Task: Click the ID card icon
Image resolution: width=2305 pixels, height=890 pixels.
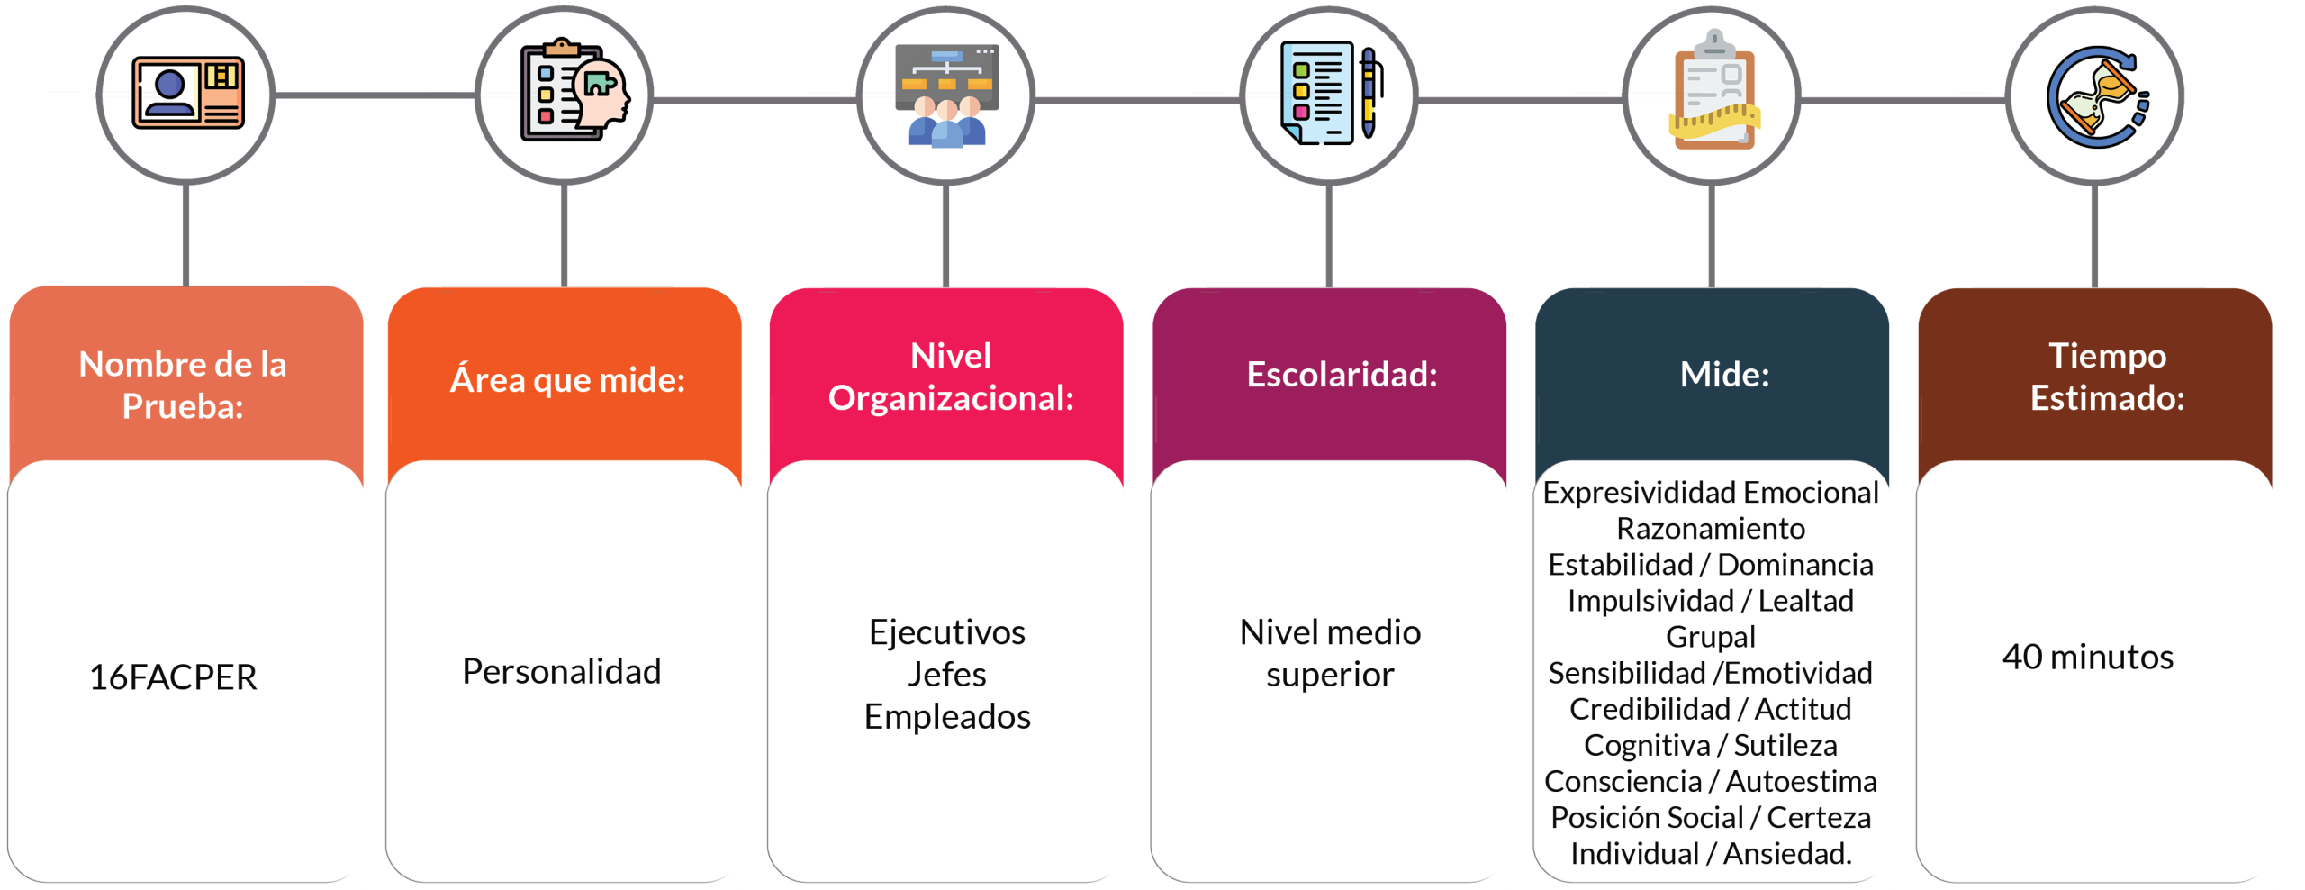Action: (x=187, y=92)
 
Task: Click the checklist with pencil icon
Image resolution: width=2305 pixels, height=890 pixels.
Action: (x=1328, y=94)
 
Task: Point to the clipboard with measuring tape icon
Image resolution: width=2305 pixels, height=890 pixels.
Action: (x=1713, y=93)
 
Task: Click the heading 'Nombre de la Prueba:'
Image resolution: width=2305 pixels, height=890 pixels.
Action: (x=183, y=385)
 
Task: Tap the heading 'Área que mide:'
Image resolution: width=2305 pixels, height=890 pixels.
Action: (x=567, y=379)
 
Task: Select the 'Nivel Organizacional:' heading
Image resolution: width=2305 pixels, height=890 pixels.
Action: (x=951, y=377)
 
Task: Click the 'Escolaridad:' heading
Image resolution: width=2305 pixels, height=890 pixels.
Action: (x=1342, y=374)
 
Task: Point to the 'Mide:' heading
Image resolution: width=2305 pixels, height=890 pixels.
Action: (x=1724, y=374)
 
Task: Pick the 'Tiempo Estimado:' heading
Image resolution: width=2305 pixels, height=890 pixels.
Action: (x=2107, y=377)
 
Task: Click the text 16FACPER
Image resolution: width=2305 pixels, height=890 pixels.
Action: (x=173, y=677)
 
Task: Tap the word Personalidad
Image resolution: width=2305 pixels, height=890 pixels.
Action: (x=562, y=671)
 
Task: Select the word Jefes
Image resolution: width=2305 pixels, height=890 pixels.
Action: (x=947, y=674)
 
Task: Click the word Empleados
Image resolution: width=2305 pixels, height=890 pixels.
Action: (x=947, y=716)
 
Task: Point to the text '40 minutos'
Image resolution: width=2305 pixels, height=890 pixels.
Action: (x=2087, y=657)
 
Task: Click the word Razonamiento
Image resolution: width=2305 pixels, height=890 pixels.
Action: (x=1711, y=528)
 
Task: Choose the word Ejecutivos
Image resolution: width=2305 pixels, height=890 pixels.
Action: (x=947, y=632)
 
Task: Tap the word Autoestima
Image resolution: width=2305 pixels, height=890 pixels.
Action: (x=1801, y=781)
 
